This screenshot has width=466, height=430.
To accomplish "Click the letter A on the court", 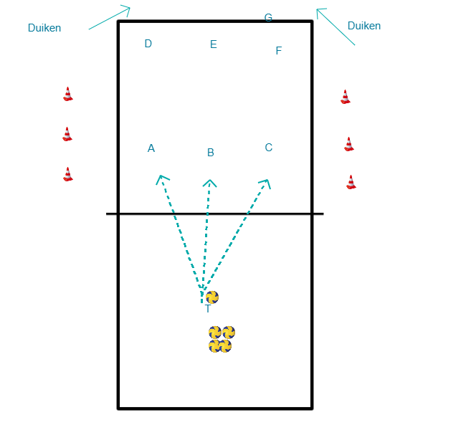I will [x=151, y=148].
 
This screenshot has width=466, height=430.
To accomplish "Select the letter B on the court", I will [x=211, y=153].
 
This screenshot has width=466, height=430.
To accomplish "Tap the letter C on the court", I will [x=269, y=148].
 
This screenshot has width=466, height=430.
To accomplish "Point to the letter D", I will [x=148, y=44].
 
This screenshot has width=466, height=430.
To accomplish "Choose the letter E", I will [x=214, y=44].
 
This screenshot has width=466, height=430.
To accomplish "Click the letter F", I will [x=279, y=51].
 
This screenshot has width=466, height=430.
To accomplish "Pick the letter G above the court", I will [x=268, y=18].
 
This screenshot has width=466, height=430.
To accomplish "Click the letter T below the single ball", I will [x=208, y=309].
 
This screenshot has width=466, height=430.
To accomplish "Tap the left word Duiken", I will [x=44, y=28].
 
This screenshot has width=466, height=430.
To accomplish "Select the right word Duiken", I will [x=364, y=26].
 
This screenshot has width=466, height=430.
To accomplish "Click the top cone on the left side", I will [x=68, y=94].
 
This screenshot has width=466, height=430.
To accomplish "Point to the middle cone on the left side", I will [x=67, y=134].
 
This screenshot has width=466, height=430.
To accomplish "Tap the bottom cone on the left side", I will [x=68, y=174].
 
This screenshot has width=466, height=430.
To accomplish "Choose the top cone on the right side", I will [x=346, y=97].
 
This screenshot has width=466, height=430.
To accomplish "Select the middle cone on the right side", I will [x=349, y=144].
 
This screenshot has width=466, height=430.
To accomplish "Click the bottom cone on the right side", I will [x=351, y=181].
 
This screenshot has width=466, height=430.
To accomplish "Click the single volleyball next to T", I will [x=212, y=297].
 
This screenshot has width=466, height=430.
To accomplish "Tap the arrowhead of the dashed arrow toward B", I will [x=209, y=183].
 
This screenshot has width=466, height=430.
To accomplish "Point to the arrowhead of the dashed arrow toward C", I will [x=266, y=183].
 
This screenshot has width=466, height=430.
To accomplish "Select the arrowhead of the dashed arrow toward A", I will [x=161, y=178].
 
